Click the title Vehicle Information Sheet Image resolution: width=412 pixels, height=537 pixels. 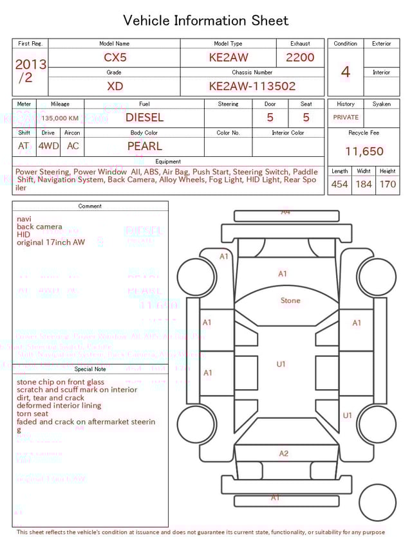click(206, 21)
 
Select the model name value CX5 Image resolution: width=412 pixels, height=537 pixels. click(115, 57)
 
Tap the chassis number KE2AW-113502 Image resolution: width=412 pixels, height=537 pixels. click(252, 86)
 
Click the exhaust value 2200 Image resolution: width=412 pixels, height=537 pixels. click(300, 57)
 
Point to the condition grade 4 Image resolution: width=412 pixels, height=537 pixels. click(345, 72)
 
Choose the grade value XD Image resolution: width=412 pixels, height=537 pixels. click(115, 86)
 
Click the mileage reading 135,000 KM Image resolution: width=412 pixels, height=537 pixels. click(60, 118)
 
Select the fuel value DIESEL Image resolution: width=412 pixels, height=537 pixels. click(144, 118)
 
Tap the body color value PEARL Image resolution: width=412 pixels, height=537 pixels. click(144, 146)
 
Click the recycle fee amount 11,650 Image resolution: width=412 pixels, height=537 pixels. click(364, 152)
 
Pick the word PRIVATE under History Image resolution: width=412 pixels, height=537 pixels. click(346, 118)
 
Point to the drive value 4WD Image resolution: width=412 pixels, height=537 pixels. click(48, 146)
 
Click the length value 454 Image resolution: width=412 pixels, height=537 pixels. click(339, 185)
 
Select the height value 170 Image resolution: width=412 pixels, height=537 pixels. click(388, 185)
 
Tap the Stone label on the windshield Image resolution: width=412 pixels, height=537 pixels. click(290, 300)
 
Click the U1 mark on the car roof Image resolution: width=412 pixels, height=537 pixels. click(281, 364)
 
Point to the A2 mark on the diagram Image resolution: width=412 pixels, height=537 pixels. click(284, 453)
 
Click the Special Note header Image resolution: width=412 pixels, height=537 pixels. click(90, 369)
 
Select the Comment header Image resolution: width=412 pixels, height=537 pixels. click(90, 206)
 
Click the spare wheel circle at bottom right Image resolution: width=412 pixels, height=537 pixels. click(377, 502)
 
